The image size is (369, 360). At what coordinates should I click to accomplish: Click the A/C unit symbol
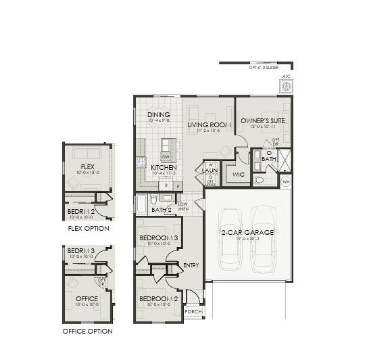pos(285,87)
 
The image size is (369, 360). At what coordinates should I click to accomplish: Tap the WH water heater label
pos(285,181)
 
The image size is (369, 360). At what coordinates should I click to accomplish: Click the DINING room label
pos(159,115)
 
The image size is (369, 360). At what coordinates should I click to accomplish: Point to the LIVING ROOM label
pos(210,125)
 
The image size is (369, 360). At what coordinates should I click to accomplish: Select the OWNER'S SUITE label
pos(263,120)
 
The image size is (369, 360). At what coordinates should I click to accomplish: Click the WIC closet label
pos(238,174)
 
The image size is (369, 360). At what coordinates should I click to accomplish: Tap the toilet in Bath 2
pos(154,200)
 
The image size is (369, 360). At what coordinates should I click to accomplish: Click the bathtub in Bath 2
pos(142,204)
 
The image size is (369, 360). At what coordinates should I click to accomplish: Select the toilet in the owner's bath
pos(258,180)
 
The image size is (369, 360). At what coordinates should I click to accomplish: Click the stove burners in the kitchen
pos(141,162)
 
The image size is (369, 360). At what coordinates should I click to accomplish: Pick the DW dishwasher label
pos(164,156)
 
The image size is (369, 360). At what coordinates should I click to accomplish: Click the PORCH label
pos(193,312)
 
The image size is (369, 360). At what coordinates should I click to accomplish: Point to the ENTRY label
pos(191,265)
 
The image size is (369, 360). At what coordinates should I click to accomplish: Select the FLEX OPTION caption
pos(88,228)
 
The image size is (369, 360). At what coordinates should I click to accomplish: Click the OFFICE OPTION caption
pos(87,332)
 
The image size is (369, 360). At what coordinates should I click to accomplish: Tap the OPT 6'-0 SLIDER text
pos(263,68)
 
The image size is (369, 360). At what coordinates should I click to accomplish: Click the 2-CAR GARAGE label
pos(247,232)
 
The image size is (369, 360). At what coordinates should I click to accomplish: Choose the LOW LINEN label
pos(182,206)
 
